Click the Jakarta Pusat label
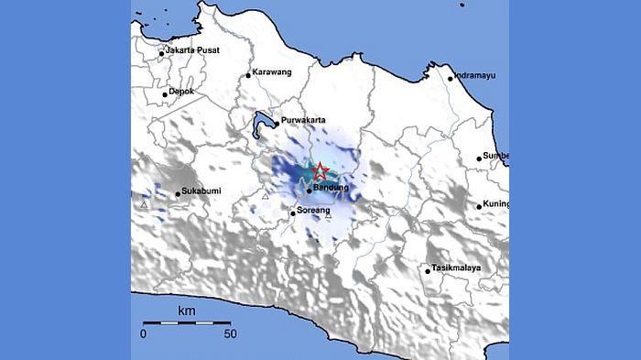pos(192,50)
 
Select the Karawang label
pos(274,74)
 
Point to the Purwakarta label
pos(305,120)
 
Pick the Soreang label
pos(315,213)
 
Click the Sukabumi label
pos(201,192)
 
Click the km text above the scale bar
pos(187,312)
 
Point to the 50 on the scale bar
pos(230,334)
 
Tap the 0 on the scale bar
pos(144,334)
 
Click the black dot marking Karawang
pos(248,75)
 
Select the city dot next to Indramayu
pos(451,78)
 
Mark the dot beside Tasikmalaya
pos(428,269)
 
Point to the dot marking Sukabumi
pos(178,193)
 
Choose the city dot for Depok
pos(166,93)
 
